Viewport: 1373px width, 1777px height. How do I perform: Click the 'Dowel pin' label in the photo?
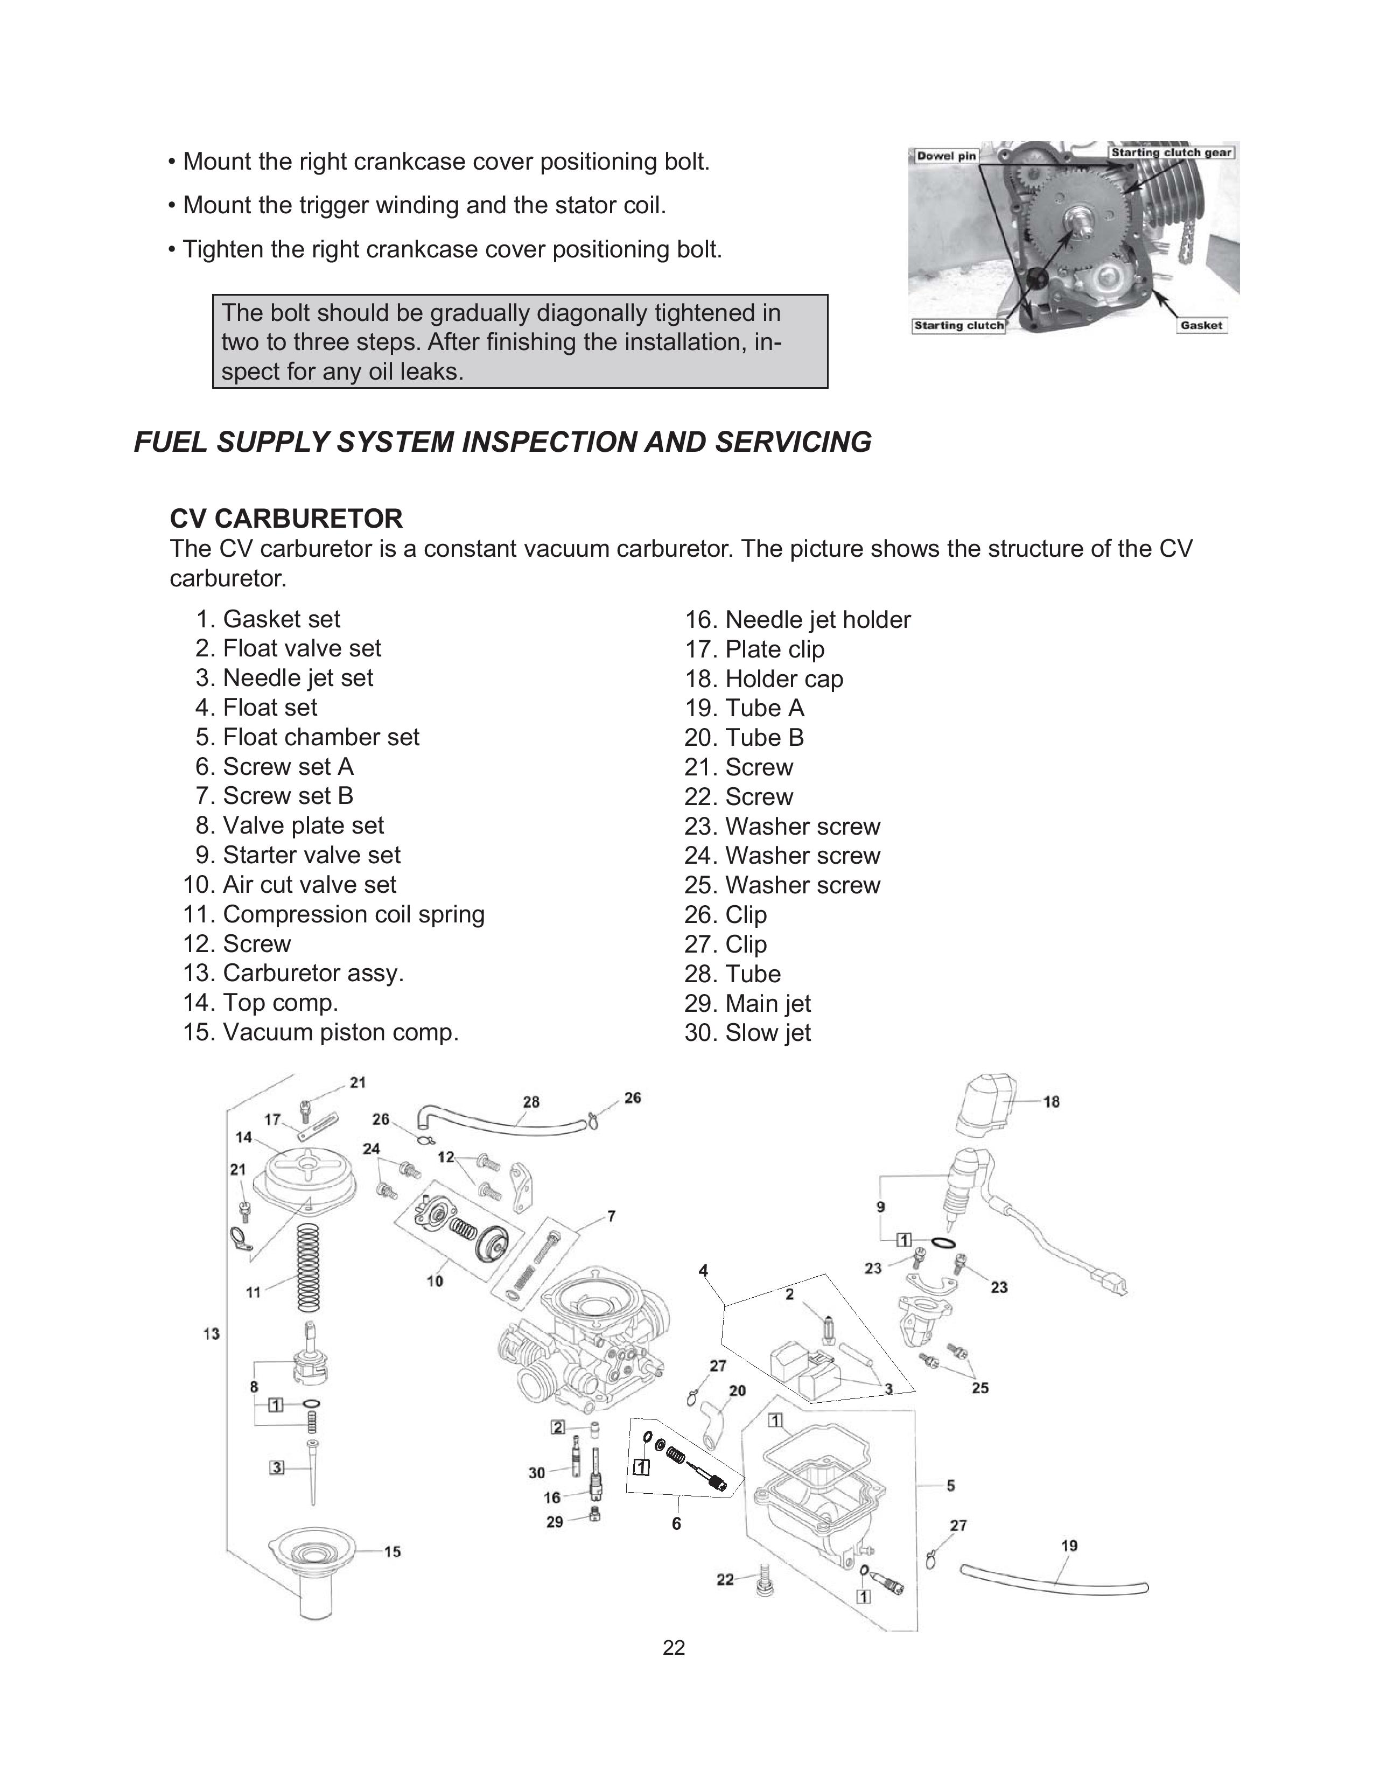[x=946, y=156]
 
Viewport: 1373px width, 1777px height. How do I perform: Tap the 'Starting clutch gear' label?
[x=1171, y=153]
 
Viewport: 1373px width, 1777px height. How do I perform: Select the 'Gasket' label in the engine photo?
[x=1201, y=325]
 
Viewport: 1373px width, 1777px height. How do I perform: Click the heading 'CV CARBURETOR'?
[x=286, y=518]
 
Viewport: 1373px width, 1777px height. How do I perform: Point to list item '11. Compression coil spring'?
[x=333, y=914]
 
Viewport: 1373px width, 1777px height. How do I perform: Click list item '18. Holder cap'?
[x=764, y=678]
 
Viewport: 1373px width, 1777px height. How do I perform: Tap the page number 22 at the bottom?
[x=674, y=1648]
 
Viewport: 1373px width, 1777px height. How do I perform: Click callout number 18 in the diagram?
[x=1051, y=1102]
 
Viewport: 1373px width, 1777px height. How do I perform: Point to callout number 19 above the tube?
[x=1070, y=1545]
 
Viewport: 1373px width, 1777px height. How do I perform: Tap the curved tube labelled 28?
[x=505, y=1122]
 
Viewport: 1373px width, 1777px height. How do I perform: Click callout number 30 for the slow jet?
[x=537, y=1473]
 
